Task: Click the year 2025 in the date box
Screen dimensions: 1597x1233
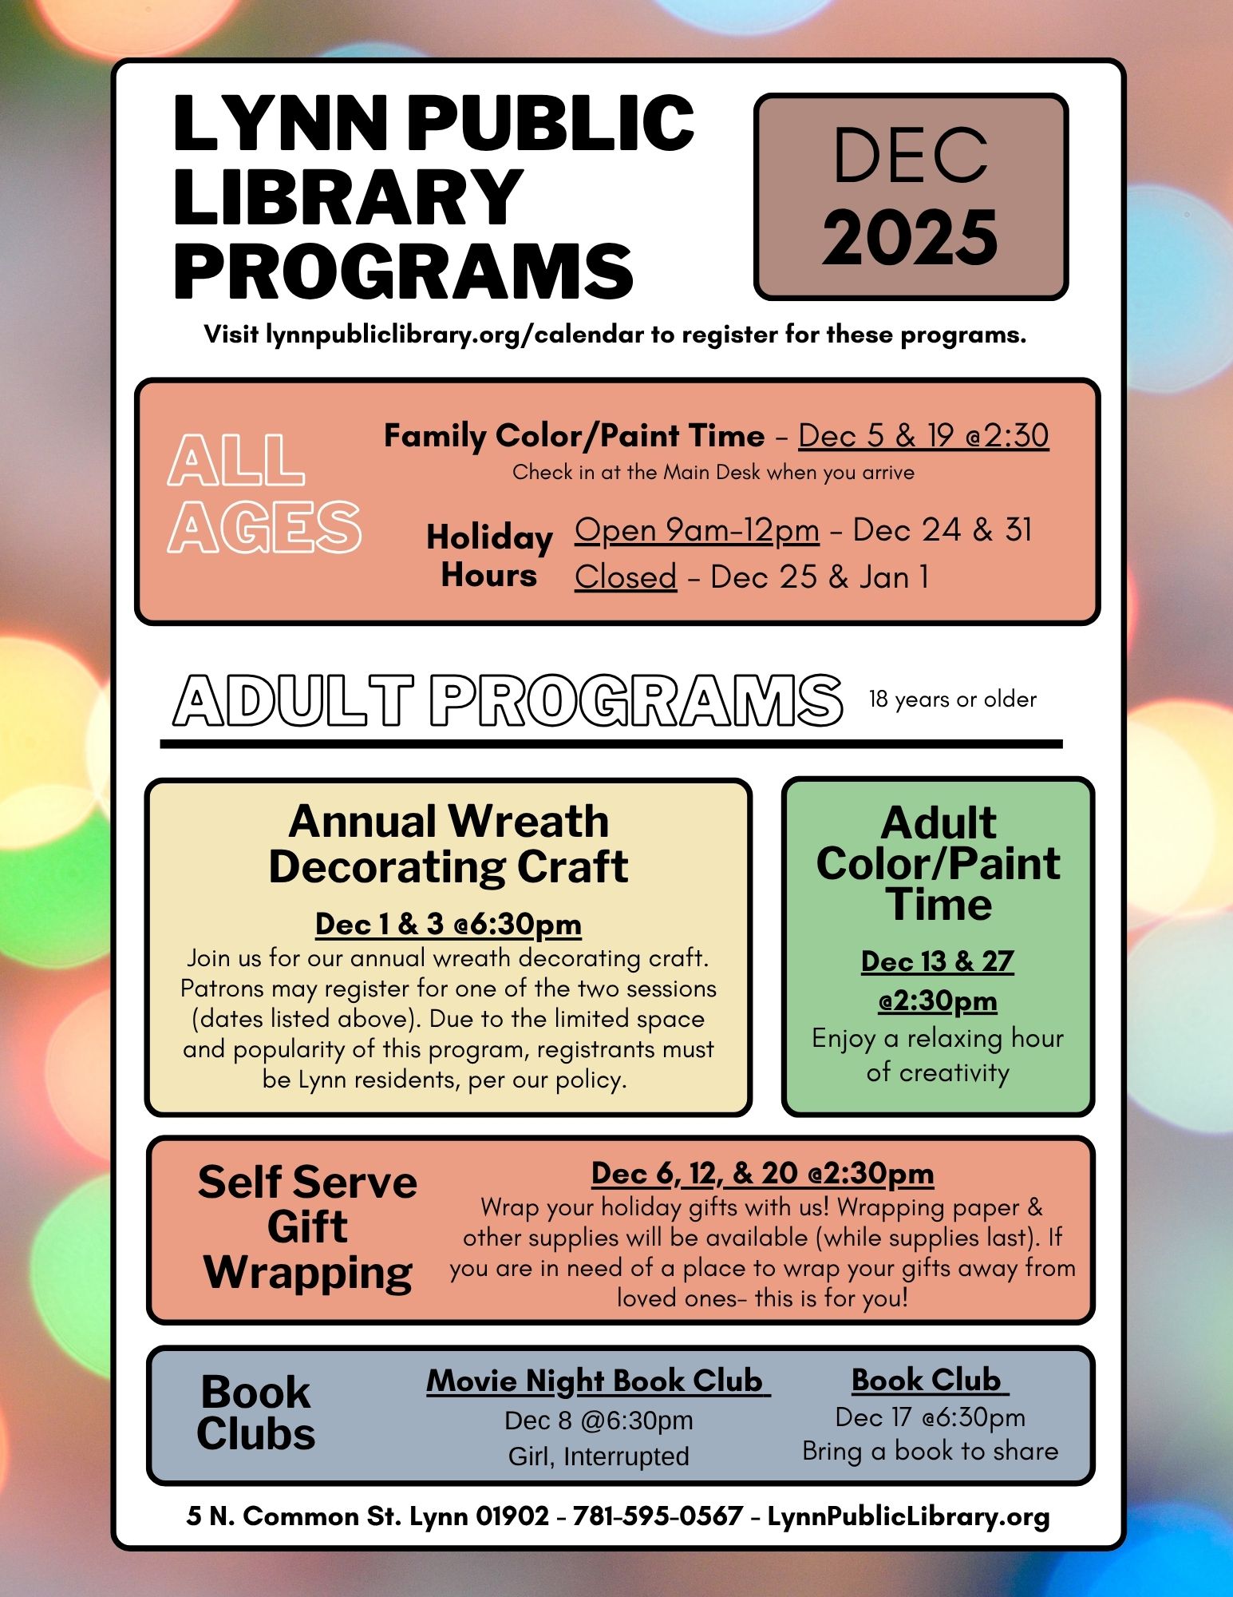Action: tap(910, 238)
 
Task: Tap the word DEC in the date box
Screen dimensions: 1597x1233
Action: tap(910, 156)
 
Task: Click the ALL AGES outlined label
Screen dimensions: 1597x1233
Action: tap(263, 493)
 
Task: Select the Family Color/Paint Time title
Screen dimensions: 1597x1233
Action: tap(574, 436)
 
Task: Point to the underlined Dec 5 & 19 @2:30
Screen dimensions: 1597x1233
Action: tap(923, 436)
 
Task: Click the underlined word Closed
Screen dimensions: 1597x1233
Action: tap(625, 577)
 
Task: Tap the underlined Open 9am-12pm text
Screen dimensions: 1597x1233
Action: tap(696, 530)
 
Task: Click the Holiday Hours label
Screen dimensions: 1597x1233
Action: tap(489, 556)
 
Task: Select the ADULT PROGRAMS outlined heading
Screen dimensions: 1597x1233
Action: tap(508, 700)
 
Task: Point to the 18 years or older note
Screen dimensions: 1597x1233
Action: tap(952, 699)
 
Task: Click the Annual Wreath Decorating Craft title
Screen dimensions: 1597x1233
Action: tap(449, 844)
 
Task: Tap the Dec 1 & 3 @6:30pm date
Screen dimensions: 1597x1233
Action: tap(449, 924)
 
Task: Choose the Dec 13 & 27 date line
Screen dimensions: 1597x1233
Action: tap(937, 961)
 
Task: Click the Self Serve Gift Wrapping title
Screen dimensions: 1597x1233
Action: tap(308, 1227)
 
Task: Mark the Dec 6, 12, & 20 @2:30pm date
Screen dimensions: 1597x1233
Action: tap(762, 1173)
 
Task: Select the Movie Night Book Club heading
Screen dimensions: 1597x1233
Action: tap(597, 1381)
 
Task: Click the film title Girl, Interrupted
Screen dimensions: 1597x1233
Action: tap(599, 1456)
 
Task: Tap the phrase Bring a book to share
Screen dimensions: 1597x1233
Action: tap(930, 1451)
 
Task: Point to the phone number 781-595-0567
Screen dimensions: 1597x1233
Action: tap(658, 1516)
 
